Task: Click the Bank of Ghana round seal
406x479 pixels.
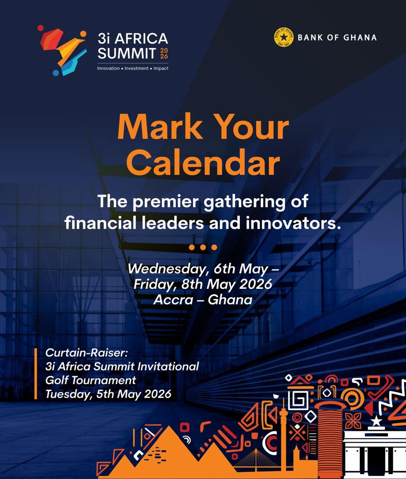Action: tap(283, 37)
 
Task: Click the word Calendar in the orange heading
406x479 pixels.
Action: tap(203, 162)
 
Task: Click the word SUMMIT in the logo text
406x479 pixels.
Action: tap(127, 54)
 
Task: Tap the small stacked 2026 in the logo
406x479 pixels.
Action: tap(164, 53)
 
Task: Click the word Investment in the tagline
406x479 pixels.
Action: tap(136, 68)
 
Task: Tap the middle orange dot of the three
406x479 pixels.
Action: tap(203, 247)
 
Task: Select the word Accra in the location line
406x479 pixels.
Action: tap(173, 300)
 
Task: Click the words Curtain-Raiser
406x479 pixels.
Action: tap(86, 353)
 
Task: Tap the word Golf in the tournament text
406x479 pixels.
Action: tap(56, 381)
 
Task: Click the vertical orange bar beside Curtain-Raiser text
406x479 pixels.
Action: tap(36, 373)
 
